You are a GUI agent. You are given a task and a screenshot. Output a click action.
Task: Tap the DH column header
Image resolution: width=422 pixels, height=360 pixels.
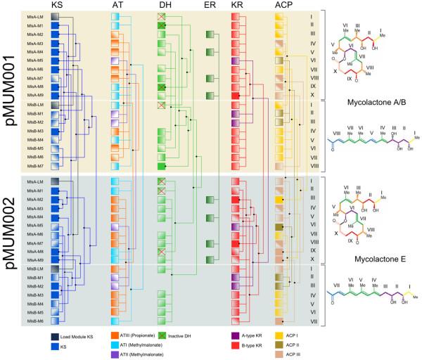(164, 6)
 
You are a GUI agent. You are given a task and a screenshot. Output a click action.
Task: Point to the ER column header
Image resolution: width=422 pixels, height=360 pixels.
(209, 6)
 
